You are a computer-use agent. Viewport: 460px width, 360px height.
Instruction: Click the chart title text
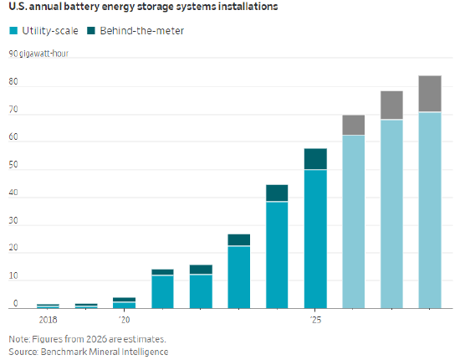[x=143, y=7]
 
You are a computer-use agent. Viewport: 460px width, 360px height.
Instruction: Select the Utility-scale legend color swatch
[x=13, y=30]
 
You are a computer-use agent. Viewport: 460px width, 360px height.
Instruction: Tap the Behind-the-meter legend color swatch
[x=91, y=30]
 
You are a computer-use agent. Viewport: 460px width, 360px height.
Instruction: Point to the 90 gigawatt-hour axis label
[x=38, y=54]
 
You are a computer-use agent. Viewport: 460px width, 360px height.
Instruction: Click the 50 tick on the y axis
[x=13, y=165]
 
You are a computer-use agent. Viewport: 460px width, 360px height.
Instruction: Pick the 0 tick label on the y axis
[x=16, y=303]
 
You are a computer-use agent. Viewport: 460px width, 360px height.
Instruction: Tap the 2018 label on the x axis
[x=48, y=320]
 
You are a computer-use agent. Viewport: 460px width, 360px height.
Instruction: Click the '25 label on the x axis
[x=315, y=320]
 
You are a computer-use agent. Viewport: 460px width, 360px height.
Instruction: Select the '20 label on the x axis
[x=124, y=320]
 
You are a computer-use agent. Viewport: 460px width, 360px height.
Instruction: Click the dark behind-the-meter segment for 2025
[x=315, y=159]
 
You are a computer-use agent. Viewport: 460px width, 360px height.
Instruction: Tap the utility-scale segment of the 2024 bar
[x=277, y=255]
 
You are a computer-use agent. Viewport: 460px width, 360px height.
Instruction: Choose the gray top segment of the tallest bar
[x=430, y=94]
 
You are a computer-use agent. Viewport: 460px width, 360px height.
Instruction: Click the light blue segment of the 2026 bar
[x=354, y=222]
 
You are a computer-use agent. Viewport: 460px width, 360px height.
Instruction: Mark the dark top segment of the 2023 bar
[x=239, y=239]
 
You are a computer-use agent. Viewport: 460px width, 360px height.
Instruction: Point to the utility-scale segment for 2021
[x=162, y=292]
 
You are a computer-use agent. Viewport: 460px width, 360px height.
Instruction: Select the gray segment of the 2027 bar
[x=391, y=105]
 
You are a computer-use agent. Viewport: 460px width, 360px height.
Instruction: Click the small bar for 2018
[x=48, y=306]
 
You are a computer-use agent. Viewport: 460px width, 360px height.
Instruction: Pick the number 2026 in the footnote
[x=96, y=339]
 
